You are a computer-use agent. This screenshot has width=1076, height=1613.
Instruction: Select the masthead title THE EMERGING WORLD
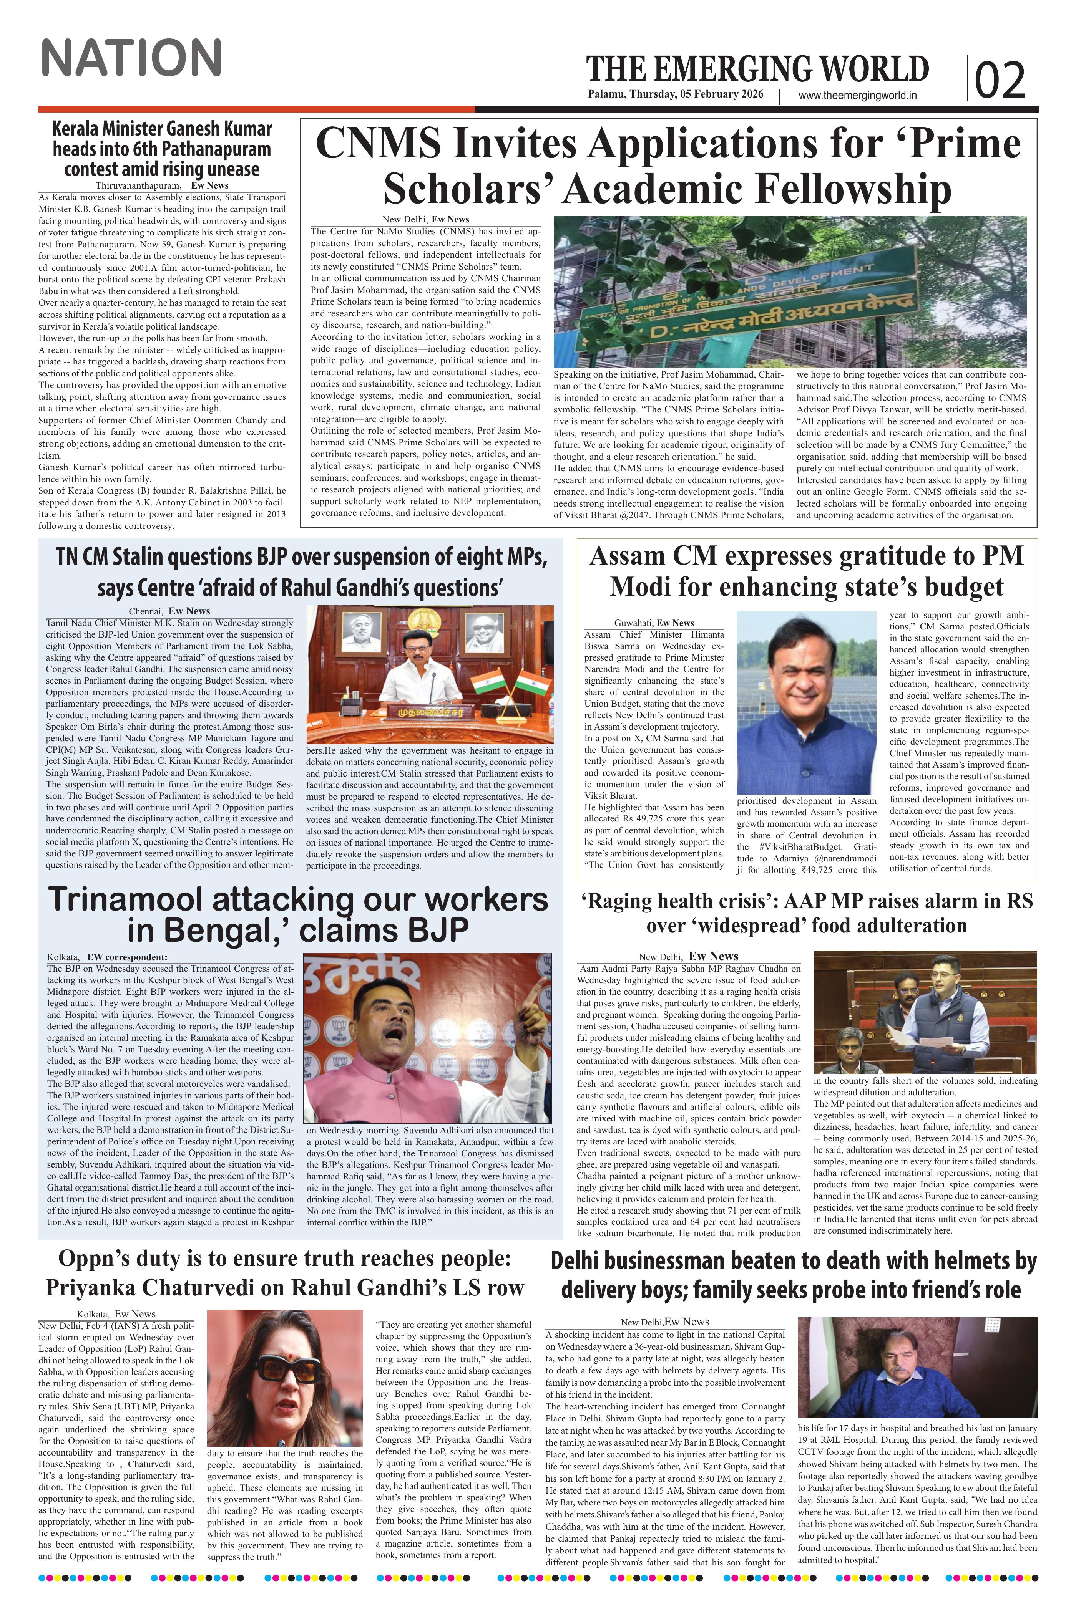(x=757, y=69)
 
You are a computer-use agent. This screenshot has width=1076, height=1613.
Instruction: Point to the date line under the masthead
(x=681, y=95)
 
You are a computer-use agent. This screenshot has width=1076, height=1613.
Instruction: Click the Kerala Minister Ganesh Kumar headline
(x=162, y=149)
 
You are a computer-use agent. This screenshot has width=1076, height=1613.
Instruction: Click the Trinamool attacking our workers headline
(x=299, y=915)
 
